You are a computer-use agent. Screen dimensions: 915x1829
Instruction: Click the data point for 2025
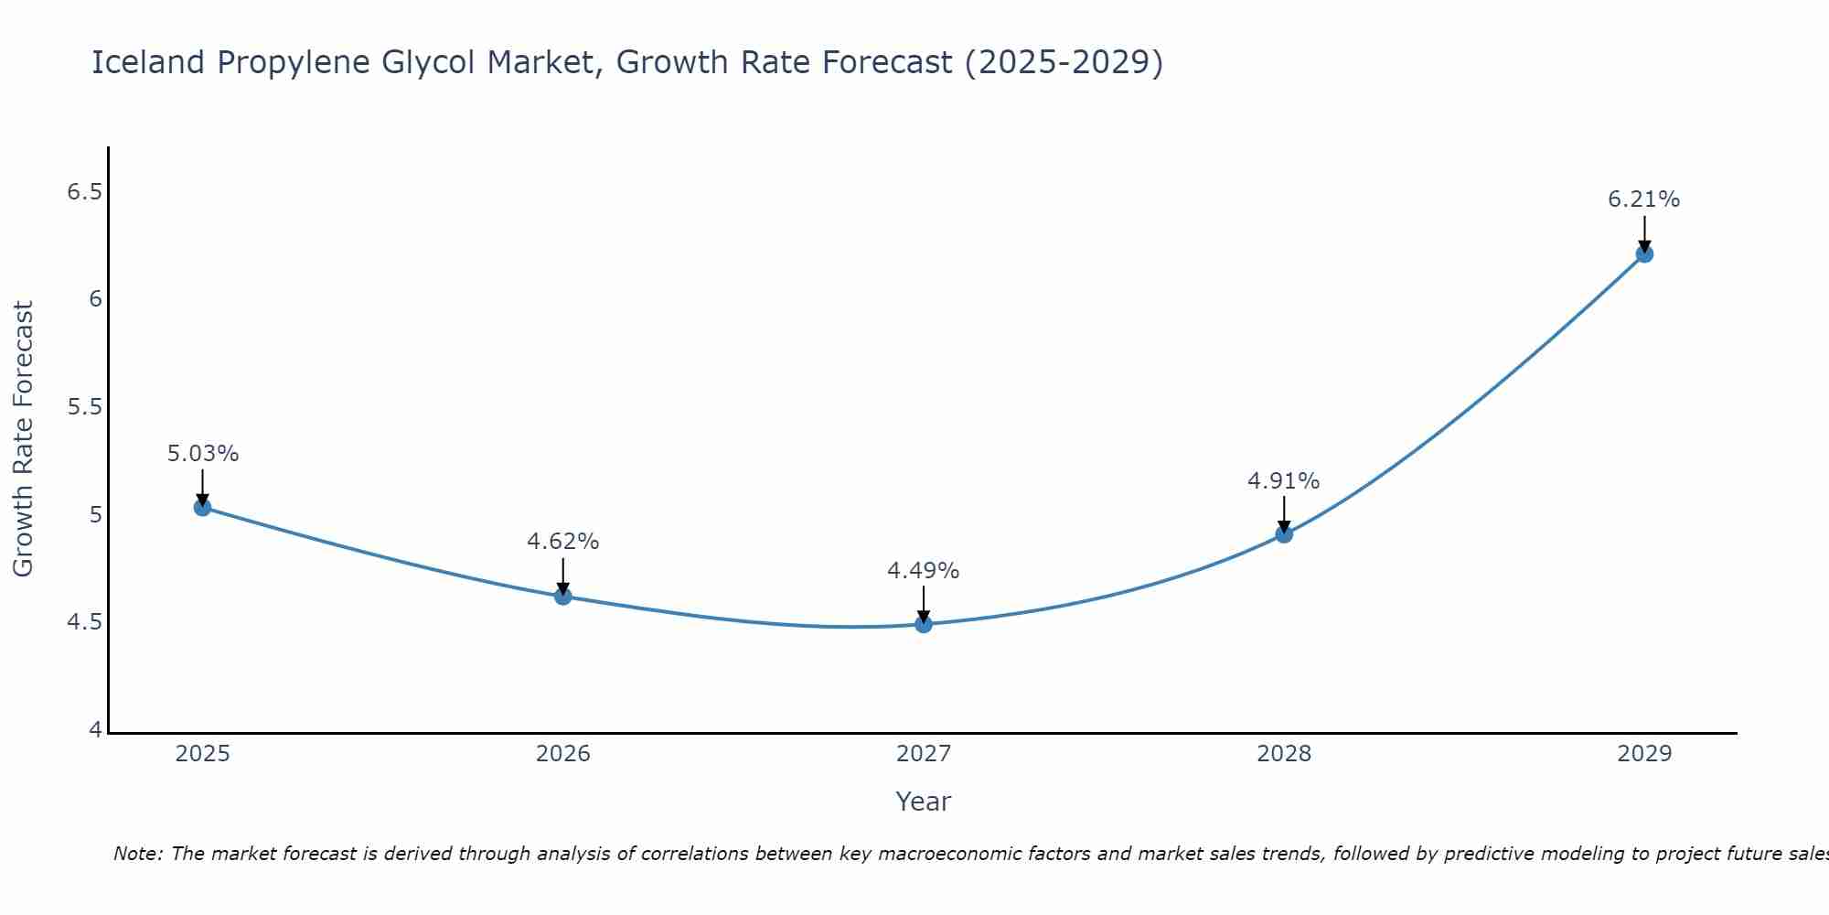click(202, 507)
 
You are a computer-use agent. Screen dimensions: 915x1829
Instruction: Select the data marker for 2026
click(562, 597)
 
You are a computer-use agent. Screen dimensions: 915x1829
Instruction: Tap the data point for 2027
click(924, 624)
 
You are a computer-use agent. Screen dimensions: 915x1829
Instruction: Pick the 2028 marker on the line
click(1284, 533)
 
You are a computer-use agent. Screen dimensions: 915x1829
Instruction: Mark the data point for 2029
click(1644, 253)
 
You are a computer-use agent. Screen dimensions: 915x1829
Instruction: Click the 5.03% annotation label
click(203, 454)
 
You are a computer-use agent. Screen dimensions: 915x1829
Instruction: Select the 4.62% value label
click(562, 542)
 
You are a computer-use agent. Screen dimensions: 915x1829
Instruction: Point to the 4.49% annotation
click(923, 571)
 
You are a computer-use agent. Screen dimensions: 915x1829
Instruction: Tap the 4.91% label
click(1283, 481)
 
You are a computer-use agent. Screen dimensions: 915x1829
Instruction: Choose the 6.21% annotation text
click(1643, 199)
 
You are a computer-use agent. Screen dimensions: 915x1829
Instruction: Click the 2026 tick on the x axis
click(562, 754)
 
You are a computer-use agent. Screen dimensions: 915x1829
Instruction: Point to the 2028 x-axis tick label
click(1284, 754)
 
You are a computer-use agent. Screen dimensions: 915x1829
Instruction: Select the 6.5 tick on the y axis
click(85, 192)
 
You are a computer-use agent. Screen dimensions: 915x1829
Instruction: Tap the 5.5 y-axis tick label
click(85, 407)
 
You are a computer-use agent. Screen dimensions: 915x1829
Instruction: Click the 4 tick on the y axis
click(95, 730)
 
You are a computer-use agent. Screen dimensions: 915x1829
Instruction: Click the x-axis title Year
click(923, 802)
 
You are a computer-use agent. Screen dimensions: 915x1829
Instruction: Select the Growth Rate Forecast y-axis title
click(23, 439)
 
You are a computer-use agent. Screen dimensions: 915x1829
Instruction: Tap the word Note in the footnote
click(136, 854)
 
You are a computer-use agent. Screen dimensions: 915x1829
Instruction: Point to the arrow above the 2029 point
click(1644, 233)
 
